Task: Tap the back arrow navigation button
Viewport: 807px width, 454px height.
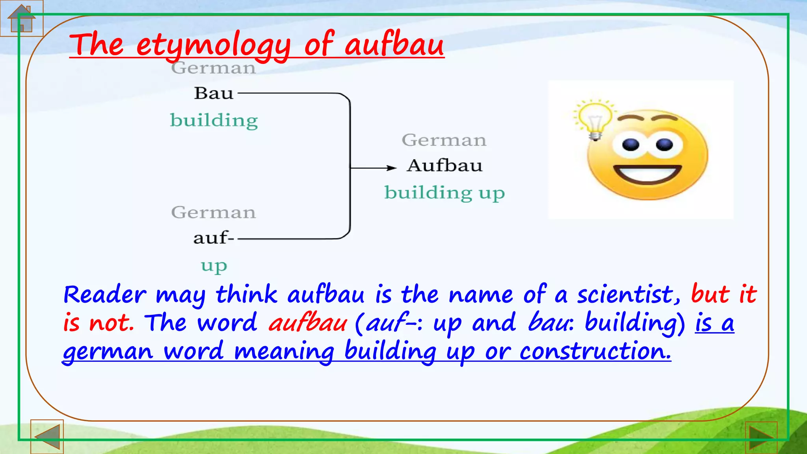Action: click(x=47, y=436)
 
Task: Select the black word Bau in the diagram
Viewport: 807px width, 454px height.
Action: click(x=214, y=94)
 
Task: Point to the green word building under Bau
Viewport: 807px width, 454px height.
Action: click(x=214, y=120)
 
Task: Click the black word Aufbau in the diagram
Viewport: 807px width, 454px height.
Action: click(x=444, y=166)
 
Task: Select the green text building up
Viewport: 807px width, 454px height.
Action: click(x=444, y=193)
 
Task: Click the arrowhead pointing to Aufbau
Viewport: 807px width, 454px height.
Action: click(x=391, y=168)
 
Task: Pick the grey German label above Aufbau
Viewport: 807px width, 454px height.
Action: click(x=444, y=140)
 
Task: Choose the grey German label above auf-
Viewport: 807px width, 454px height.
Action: click(x=214, y=213)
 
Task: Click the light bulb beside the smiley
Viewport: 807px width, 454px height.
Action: click(x=594, y=119)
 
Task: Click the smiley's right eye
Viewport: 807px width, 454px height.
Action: click(x=664, y=144)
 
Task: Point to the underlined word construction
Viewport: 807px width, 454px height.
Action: click(x=595, y=352)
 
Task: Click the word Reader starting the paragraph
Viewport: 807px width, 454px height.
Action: click(x=105, y=295)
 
